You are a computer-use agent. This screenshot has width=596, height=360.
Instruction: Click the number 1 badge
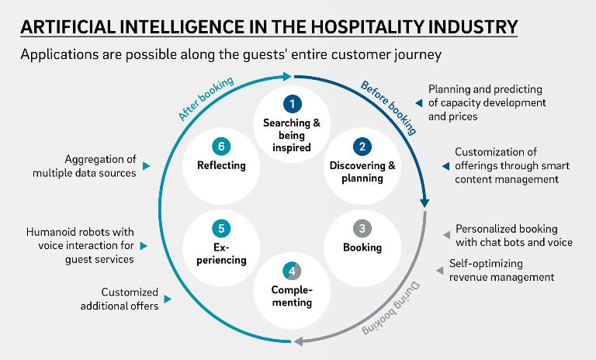(292, 103)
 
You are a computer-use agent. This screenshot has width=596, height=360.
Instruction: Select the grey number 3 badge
(362, 229)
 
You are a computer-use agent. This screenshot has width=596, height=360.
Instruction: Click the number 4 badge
(292, 272)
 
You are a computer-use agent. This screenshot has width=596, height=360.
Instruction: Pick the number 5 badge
(221, 229)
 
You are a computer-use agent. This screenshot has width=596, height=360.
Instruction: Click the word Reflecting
(221, 165)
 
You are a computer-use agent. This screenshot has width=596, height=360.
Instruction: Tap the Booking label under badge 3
(362, 247)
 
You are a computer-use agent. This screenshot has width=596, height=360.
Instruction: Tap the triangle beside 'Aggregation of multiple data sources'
(147, 166)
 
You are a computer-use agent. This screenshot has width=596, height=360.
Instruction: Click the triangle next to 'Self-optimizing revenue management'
(439, 271)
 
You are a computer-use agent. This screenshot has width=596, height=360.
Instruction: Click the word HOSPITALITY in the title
(366, 28)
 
